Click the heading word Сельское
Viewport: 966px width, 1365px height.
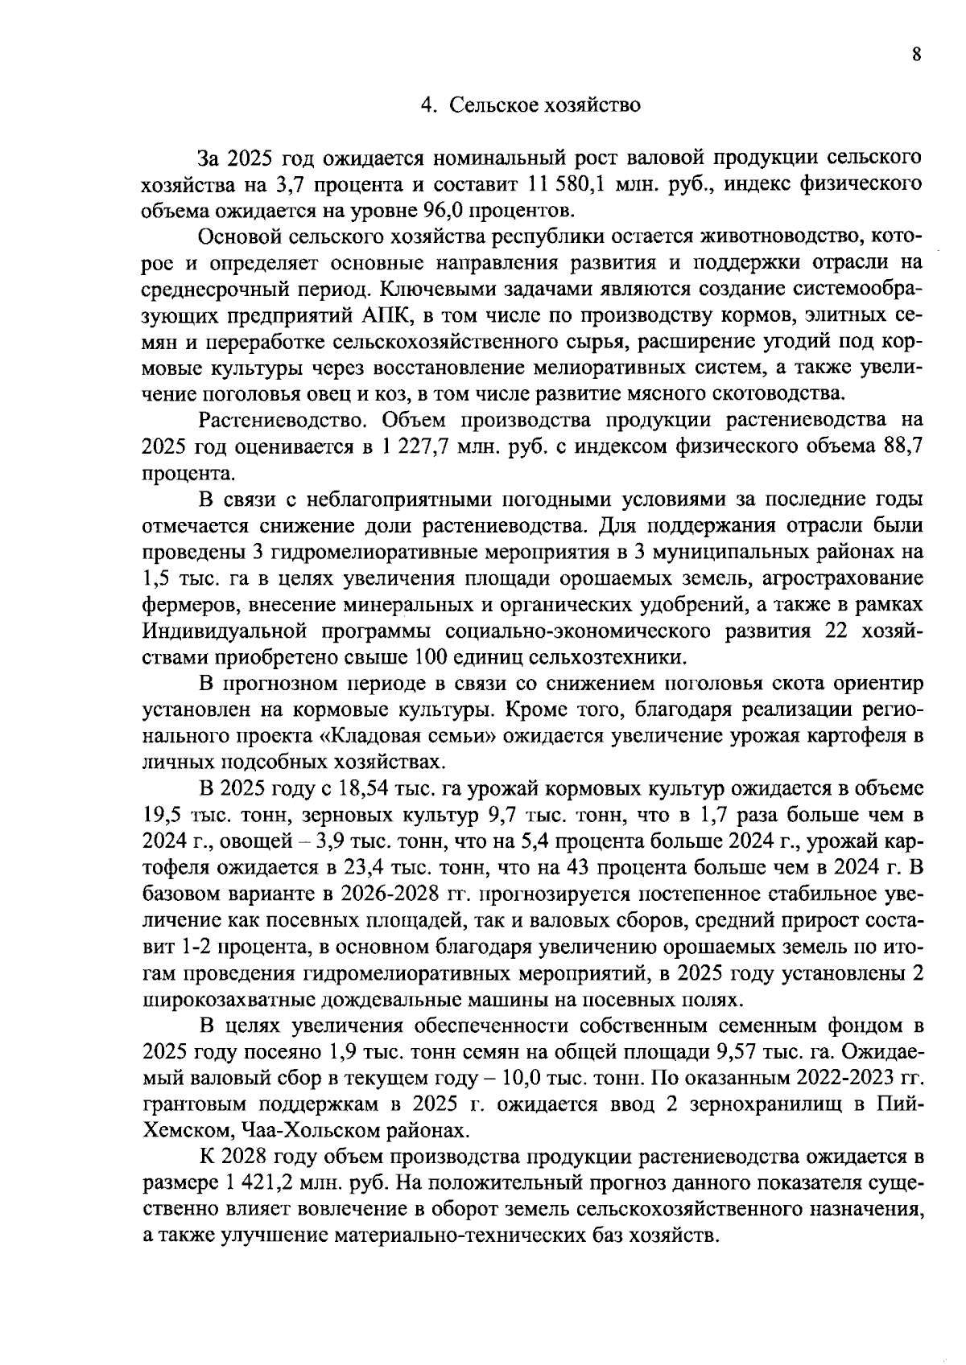pos(491,105)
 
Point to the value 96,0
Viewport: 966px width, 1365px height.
pos(444,211)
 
